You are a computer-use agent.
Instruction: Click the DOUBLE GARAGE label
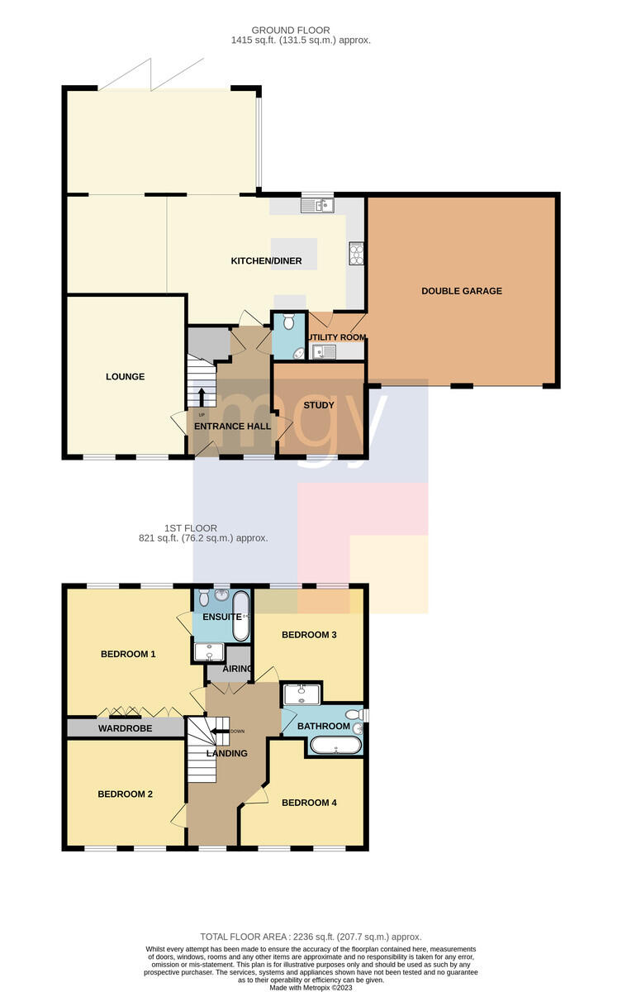[x=462, y=291]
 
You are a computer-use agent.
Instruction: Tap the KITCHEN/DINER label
[x=266, y=261]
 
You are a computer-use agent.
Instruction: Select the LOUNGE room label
[x=126, y=376]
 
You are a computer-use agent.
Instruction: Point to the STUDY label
[x=319, y=405]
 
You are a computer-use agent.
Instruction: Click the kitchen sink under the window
[x=317, y=205]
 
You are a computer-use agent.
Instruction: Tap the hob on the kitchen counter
[x=356, y=253]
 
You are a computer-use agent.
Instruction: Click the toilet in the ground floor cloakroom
[x=288, y=321]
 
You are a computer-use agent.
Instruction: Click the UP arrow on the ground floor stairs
[x=202, y=398]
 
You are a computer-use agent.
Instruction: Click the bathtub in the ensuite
[x=240, y=616]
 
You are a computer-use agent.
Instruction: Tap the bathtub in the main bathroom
[x=336, y=745]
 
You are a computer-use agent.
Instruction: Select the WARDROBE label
[x=126, y=728]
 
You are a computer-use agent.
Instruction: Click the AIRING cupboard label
[x=237, y=668]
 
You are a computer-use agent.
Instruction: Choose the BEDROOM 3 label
[x=309, y=635]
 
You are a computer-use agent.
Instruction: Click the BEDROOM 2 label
[x=126, y=794]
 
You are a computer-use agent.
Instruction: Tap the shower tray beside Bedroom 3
[x=302, y=694]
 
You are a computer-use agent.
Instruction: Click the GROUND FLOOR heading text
[x=291, y=30]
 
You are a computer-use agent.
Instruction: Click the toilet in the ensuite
[x=203, y=599]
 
